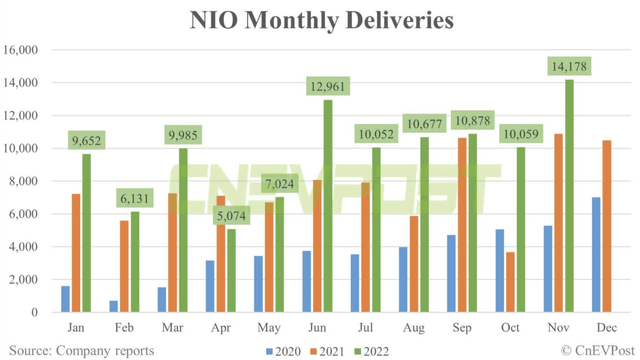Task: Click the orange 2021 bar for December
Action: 607,226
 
